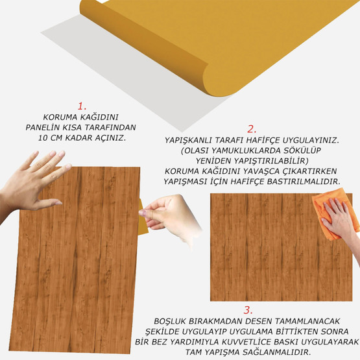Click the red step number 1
(81, 105)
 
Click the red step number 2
(252, 128)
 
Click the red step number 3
(248, 309)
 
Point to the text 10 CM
(51, 138)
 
